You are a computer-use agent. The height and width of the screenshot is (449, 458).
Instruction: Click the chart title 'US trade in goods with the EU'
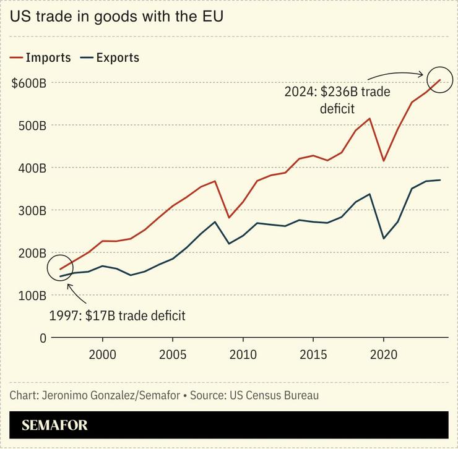point(116,17)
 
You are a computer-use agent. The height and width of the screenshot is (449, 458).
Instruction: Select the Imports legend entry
point(41,58)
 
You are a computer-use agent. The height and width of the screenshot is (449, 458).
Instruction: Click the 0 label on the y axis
point(43,338)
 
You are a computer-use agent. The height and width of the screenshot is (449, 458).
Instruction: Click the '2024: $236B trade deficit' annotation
point(337,100)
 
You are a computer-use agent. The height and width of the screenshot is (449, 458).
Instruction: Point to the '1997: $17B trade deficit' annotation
point(117,316)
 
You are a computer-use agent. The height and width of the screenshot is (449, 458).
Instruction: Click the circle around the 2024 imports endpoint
point(440,79)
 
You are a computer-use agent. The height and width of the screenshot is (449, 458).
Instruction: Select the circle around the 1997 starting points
point(60,268)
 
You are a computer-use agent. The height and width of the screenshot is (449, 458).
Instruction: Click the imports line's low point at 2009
point(229,218)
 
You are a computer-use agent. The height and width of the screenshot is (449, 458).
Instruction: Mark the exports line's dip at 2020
point(384,238)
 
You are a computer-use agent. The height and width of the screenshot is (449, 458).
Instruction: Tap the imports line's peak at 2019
point(369,118)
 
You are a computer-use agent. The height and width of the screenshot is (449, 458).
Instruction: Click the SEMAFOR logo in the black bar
point(54,425)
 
